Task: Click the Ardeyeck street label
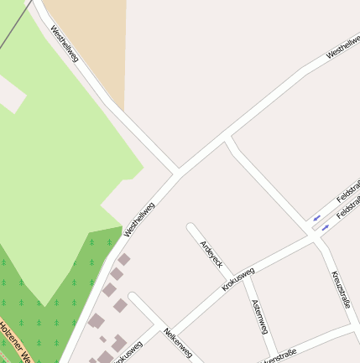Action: tap(211, 254)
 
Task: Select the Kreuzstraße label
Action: tap(340, 288)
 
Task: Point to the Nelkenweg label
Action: tap(179, 342)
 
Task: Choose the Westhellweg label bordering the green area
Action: tap(139, 219)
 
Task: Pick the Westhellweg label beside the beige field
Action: tap(64, 43)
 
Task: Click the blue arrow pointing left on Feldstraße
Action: tap(316, 218)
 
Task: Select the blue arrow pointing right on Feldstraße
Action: tap(326, 227)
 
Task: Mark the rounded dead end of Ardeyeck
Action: tap(191, 227)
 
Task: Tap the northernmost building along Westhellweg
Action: tap(123, 260)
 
